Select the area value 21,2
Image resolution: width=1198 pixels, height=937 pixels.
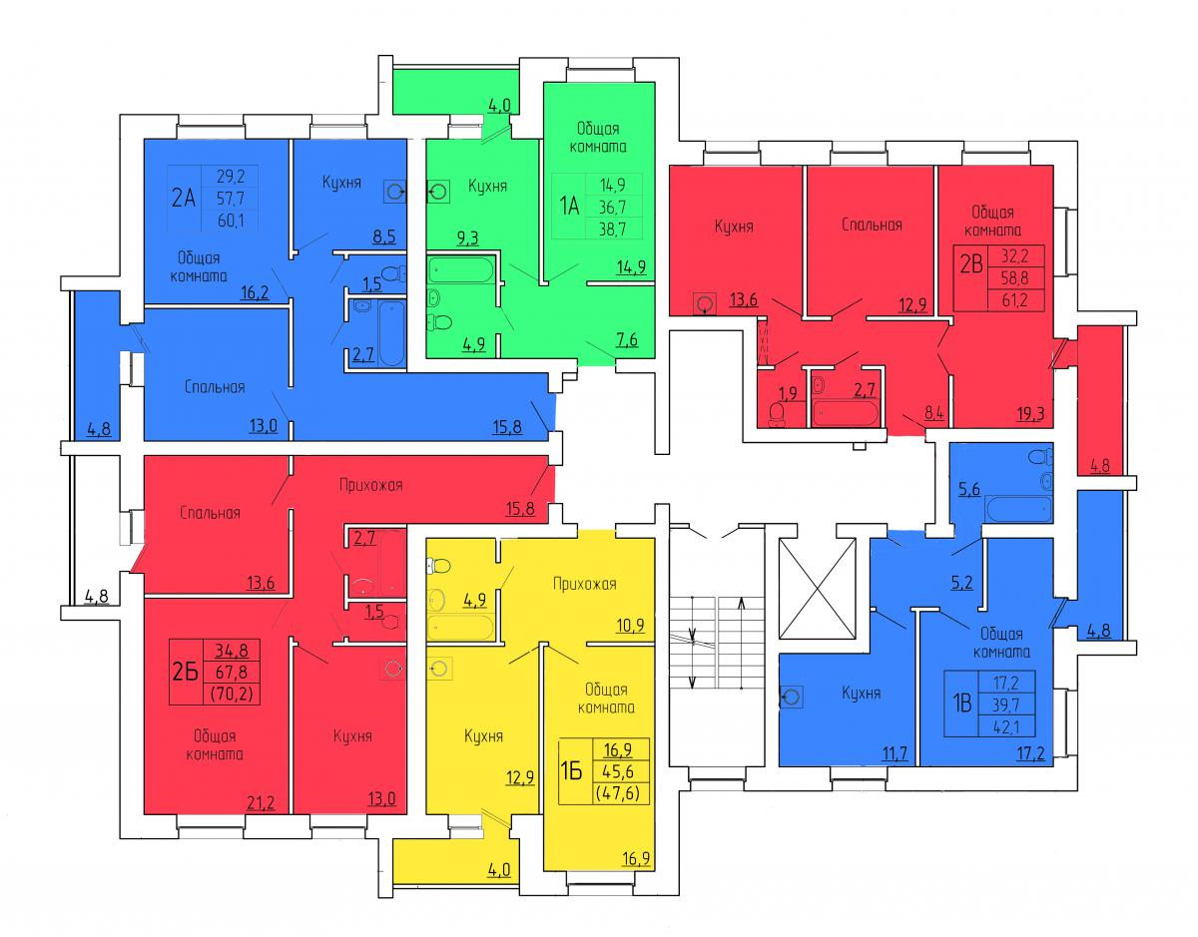tap(262, 799)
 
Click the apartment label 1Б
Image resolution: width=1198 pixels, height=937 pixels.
tap(571, 771)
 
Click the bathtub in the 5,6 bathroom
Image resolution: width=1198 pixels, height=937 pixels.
tap(1017, 509)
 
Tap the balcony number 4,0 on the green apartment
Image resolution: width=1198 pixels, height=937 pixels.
tap(499, 105)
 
